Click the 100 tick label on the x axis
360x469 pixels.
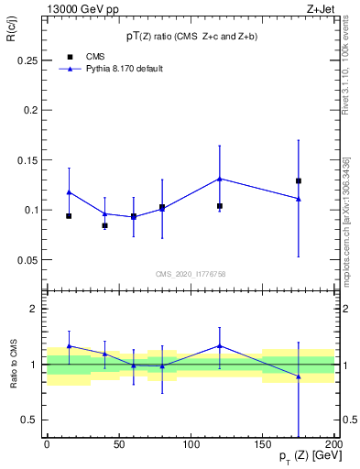click(190, 445)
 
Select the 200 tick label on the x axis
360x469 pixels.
click(333, 445)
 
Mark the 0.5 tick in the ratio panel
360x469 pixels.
click(28, 420)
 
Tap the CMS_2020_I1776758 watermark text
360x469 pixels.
click(191, 273)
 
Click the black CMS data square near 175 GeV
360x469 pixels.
click(299, 180)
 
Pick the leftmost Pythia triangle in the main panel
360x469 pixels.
click(69, 191)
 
